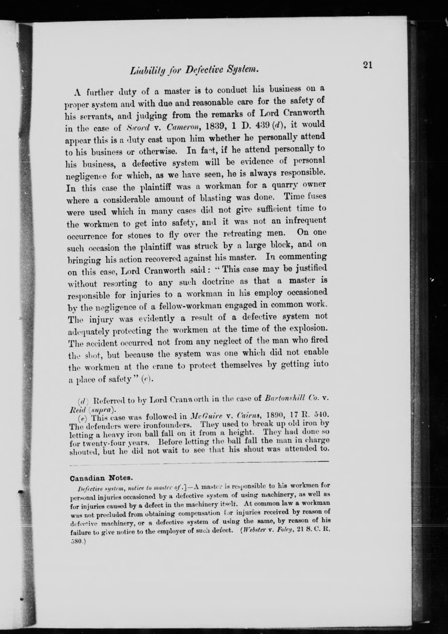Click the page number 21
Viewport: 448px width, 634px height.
[x=368, y=65]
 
